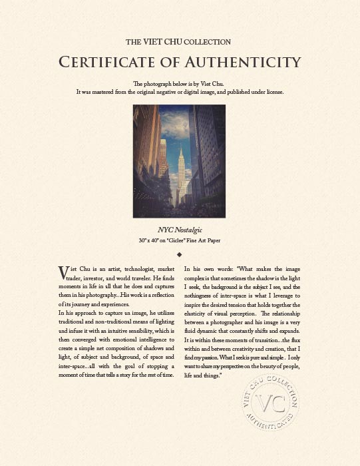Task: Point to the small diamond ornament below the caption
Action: tap(180, 254)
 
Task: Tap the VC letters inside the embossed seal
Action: tap(270, 405)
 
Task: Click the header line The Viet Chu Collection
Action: tap(178, 41)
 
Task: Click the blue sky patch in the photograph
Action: tap(175, 133)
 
